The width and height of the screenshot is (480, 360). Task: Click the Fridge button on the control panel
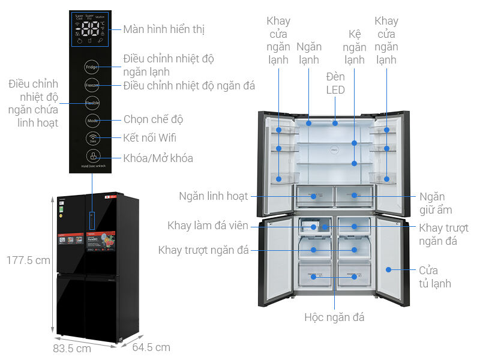tap(92, 67)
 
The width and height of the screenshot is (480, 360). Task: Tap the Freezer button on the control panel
tap(92, 85)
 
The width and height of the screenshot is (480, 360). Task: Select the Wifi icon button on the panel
tap(92, 139)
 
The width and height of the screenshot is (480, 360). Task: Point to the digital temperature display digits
tap(91, 31)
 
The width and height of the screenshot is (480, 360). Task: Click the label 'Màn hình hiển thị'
tap(167, 29)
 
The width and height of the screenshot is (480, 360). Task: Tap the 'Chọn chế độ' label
tap(153, 119)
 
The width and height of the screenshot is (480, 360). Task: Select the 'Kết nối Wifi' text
tap(149, 138)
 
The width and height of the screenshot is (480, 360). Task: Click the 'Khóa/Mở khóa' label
tap(158, 158)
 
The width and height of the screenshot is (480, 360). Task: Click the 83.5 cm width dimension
tap(71, 348)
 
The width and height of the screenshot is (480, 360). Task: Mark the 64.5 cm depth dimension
tap(151, 347)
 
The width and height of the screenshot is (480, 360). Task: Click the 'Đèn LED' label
tap(335, 83)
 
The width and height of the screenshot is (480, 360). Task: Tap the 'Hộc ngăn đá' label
tap(334, 317)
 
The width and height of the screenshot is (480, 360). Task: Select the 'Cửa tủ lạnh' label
tap(436, 278)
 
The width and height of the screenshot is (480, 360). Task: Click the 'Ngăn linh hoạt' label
tap(213, 196)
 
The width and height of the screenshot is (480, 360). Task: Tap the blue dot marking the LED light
tap(335, 123)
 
